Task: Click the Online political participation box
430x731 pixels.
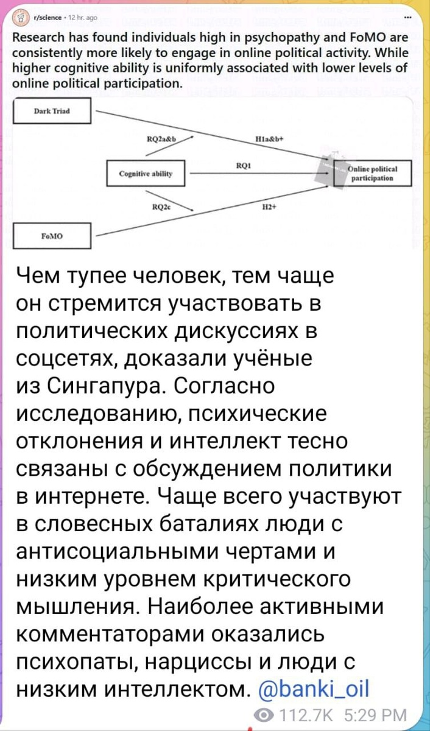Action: [x=373, y=174]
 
